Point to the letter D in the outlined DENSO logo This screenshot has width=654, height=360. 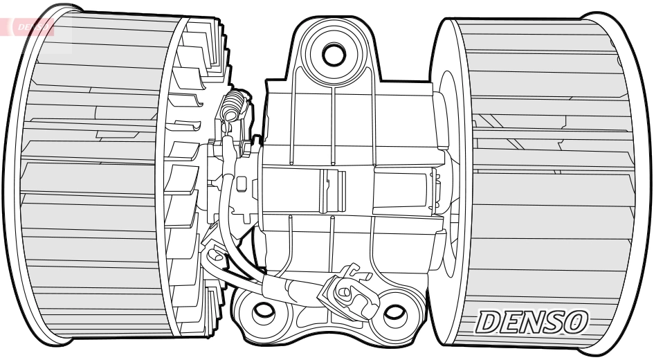(492, 321)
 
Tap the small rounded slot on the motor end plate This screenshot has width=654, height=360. (242, 184)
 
